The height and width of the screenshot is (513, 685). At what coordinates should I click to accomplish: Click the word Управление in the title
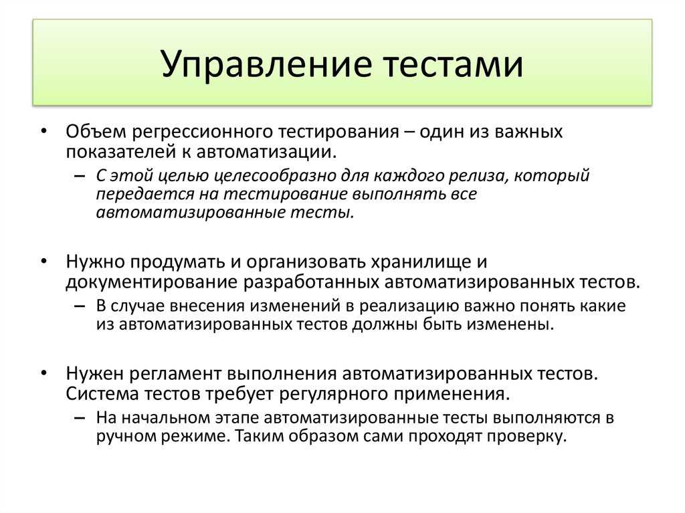[x=266, y=64]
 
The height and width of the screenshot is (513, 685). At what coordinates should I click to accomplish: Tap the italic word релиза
[x=480, y=176]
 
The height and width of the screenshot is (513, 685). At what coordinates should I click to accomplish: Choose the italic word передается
[x=145, y=195]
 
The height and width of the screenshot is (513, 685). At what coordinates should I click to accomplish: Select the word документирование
[x=152, y=283]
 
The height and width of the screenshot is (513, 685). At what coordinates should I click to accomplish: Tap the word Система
[x=102, y=394]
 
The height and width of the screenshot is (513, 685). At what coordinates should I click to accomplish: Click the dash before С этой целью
[x=80, y=177]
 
